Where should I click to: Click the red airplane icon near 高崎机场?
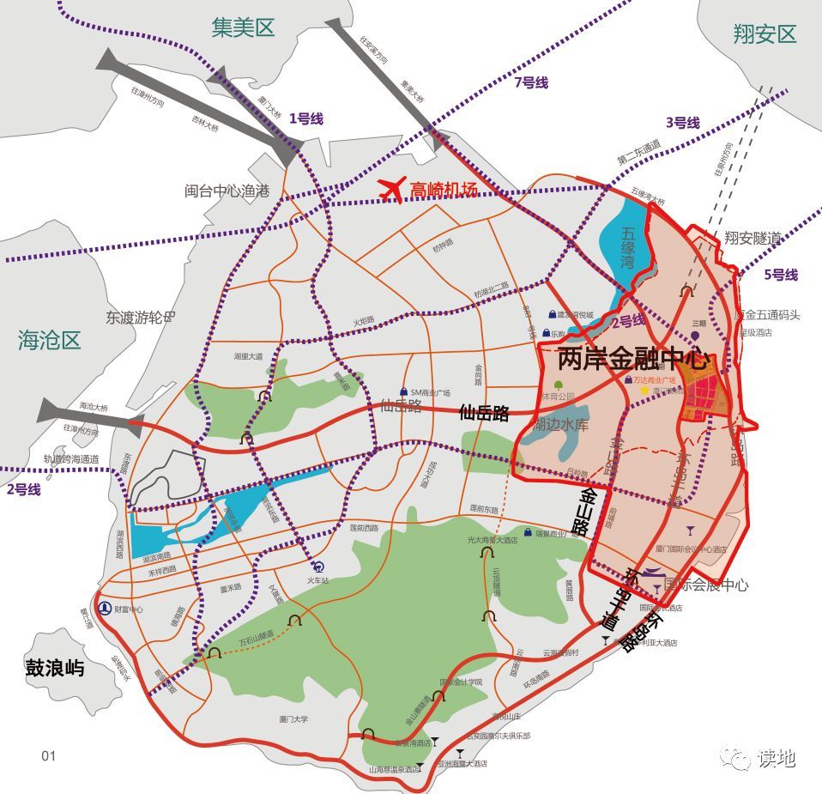tap(391, 189)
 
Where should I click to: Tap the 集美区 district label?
tap(243, 28)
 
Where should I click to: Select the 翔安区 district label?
tap(765, 34)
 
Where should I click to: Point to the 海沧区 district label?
tap(50, 340)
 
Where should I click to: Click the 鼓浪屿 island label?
tap(55, 667)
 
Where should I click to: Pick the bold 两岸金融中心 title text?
tap(636, 359)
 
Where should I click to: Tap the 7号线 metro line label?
tap(530, 82)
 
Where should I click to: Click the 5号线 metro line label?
tap(780, 275)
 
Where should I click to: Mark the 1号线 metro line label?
tap(305, 118)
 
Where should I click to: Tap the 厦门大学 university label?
tap(295, 719)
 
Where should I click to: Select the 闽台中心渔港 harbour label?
tap(227, 191)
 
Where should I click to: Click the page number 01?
tap(48, 755)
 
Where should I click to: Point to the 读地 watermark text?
tap(776, 758)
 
